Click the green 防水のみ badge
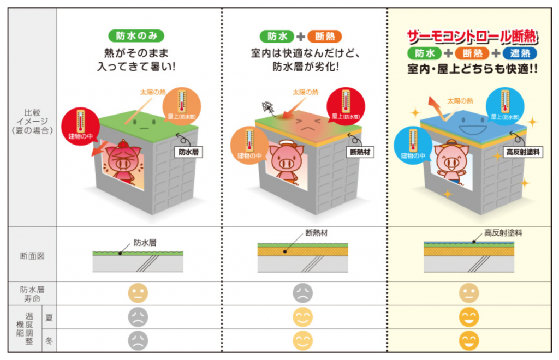(136, 36)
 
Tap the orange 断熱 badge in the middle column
(324, 37)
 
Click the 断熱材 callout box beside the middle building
(360, 152)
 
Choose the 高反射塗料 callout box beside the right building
(522, 152)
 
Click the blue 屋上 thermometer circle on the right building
(505, 105)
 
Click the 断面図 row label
(32, 254)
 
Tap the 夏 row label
(49, 317)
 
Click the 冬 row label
(49, 341)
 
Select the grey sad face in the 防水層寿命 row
(302, 293)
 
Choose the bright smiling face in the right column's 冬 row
(468, 341)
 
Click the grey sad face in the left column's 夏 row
(137, 317)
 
